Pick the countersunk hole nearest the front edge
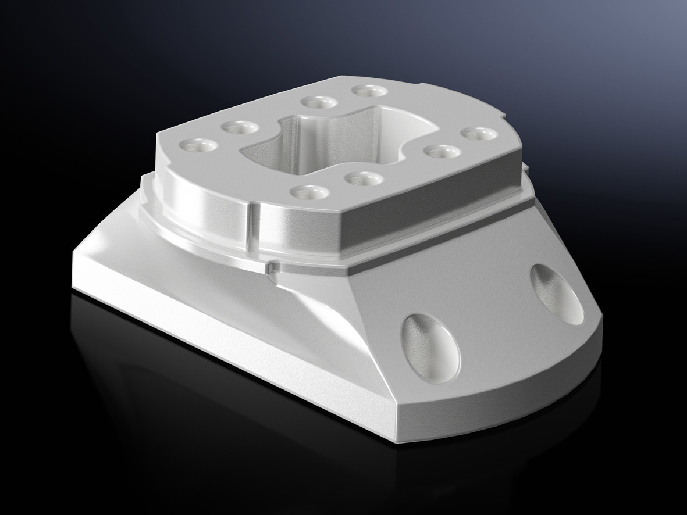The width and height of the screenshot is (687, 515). click(308, 191)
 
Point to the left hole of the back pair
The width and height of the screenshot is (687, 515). click(319, 102)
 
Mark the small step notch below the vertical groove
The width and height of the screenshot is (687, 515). click(271, 268)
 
